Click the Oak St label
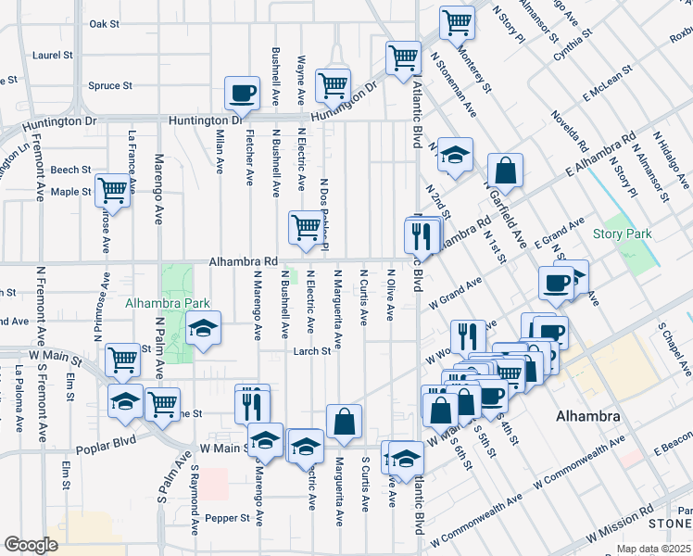pyautogui.click(x=105, y=24)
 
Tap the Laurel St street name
pyautogui.click(x=52, y=56)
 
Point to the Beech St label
pyautogui.click(x=70, y=171)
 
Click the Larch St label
pyautogui.click(x=312, y=352)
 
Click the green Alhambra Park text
pyautogui.click(x=168, y=303)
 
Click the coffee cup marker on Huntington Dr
pyautogui.click(x=243, y=94)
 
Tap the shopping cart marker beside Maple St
pyautogui.click(x=113, y=191)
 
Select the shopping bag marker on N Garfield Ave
pyautogui.click(x=506, y=171)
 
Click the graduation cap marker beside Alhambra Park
pyautogui.click(x=203, y=328)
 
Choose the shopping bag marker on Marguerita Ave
pyautogui.click(x=344, y=422)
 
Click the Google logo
pyautogui.click(x=30, y=544)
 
